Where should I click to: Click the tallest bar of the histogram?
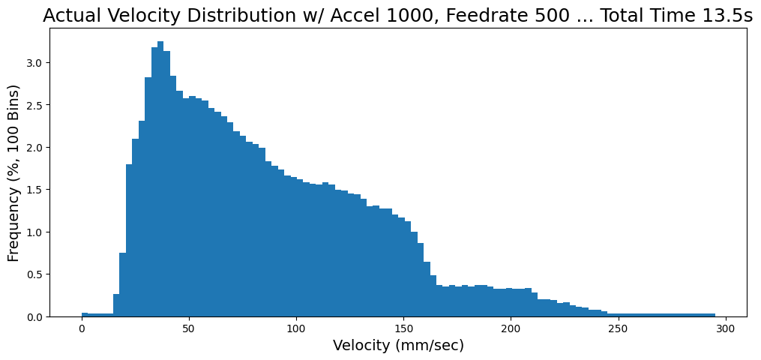click(160, 180)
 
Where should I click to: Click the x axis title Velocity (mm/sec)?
click(398, 346)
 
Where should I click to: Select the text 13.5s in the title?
click(725, 16)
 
